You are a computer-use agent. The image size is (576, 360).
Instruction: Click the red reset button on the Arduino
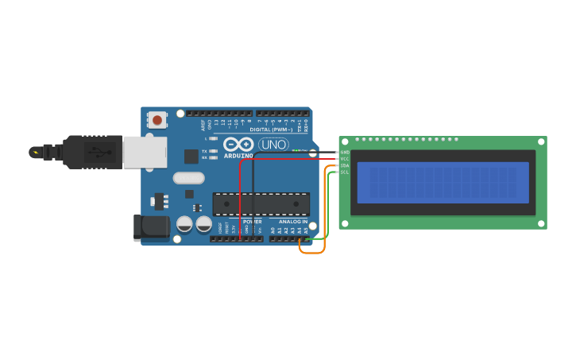pos(157,120)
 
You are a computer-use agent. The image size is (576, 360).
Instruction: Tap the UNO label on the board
pos(273,145)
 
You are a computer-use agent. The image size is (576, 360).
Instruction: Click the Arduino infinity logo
pos(238,145)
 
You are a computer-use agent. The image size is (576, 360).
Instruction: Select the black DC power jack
pos(151,227)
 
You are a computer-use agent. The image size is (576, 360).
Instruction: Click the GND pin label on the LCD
pos(345,152)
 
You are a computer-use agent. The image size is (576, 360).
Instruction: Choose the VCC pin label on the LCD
pos(345,159)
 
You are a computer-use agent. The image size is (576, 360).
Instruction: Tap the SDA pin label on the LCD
pos(345,165)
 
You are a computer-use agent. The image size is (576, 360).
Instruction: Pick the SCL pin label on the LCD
pos(345,172)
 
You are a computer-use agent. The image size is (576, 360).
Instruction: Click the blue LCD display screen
pos(443,182)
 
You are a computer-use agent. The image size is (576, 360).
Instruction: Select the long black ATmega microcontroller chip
pos(261,204)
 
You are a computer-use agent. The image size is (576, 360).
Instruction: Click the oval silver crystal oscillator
pos(188,178)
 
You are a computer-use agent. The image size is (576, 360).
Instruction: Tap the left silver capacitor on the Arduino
pos(184,224)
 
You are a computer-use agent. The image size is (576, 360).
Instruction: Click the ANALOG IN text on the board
pos(292,222)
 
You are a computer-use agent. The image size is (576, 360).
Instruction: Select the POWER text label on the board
pos(252,222)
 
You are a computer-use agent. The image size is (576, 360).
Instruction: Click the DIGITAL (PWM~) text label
pos(271,130)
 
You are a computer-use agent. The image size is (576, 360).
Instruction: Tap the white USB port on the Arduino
pos(145,152)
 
